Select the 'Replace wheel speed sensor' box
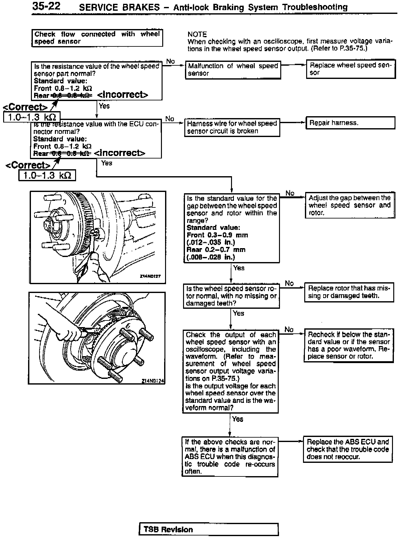point(351,69)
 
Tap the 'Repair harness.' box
point(350,123)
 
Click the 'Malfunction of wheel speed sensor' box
point(233,70)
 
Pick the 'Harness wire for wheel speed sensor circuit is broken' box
point(232,127)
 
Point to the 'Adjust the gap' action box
point(350,205)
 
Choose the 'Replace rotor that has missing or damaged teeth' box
point(349,292)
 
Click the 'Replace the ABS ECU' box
point(348,449)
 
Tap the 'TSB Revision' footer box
point(208,529)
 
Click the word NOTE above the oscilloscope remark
point(197,34)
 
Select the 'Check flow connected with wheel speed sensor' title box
point(97,38)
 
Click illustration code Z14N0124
point(153,381)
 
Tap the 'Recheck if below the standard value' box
point(349,345)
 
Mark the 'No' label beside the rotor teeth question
point(289,283)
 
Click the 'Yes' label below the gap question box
point(239,268)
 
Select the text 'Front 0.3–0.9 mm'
point(217,235)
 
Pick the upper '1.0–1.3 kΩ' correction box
point(32,117)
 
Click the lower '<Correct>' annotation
point(28,165)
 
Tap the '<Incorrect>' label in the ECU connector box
point(120,153)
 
